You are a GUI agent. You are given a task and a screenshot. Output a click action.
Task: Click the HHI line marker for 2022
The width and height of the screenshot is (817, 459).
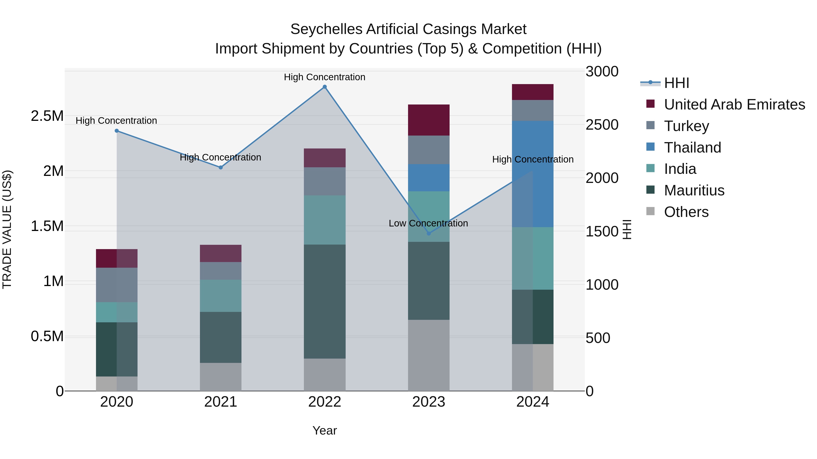(325, 87)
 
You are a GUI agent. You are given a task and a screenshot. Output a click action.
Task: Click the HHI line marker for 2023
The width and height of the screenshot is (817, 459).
(428, 233)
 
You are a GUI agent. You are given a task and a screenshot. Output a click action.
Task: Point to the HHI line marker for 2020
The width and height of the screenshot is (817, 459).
(117, 131)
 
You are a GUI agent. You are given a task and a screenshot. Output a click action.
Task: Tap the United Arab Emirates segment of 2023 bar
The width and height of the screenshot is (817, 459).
(428, 120)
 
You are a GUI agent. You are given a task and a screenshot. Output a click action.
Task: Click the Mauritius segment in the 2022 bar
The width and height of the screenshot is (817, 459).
(325, 301)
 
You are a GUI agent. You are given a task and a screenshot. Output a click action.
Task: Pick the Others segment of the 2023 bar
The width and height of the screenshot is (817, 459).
(428, 355)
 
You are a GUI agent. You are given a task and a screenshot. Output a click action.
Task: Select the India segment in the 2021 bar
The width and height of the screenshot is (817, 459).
(220, 296)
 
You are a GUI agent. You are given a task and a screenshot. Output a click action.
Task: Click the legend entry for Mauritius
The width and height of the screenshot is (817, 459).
(694, 191)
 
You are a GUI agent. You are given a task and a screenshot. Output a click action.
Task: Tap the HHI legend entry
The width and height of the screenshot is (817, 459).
(676, 83)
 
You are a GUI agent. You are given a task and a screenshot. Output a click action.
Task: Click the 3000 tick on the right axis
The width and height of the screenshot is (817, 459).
(602, 72)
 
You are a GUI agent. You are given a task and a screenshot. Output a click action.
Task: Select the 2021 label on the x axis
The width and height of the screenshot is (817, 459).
(220, 402)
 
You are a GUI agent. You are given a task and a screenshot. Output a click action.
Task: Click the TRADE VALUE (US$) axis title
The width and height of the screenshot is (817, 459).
(7, 229)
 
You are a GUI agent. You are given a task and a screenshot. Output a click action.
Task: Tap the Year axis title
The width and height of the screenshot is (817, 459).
(325, 430)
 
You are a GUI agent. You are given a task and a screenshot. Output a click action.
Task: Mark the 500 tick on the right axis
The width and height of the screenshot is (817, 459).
(598, 338)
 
